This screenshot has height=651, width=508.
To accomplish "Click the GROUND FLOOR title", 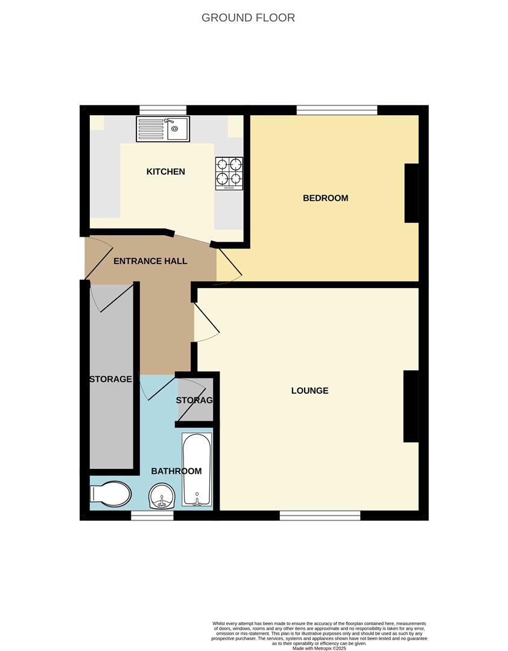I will (x=248, y=17).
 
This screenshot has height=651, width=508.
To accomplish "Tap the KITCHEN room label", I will (x=166, y=172).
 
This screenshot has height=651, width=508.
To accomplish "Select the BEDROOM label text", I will (x=325, y=198).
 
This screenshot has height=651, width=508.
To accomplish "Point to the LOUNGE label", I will (x=310, y=391).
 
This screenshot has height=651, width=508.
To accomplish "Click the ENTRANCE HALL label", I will (x=150, y=261).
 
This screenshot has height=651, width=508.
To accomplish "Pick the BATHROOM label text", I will (x=176, y=471).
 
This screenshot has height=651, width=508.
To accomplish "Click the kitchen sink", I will (x=163, y=128).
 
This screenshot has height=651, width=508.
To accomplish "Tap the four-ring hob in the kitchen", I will (x=229, y=173).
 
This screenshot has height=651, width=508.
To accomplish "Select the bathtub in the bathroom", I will (x=197, y=471).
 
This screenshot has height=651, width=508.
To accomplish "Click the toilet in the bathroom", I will (x=110, y=495).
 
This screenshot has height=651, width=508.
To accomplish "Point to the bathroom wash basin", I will (x=162, y=498).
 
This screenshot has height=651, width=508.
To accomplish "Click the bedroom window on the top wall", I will (x=337, y=110).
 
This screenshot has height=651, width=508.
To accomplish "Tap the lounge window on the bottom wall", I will (x=320, y=515).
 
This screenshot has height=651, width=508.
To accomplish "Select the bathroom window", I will (x=152, y=515).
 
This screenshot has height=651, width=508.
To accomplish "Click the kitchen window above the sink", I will (x=163, y=110).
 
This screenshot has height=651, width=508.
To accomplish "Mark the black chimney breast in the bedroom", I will (x=411, y=193).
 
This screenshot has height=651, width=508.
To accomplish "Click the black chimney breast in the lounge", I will (x=411, y=406).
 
